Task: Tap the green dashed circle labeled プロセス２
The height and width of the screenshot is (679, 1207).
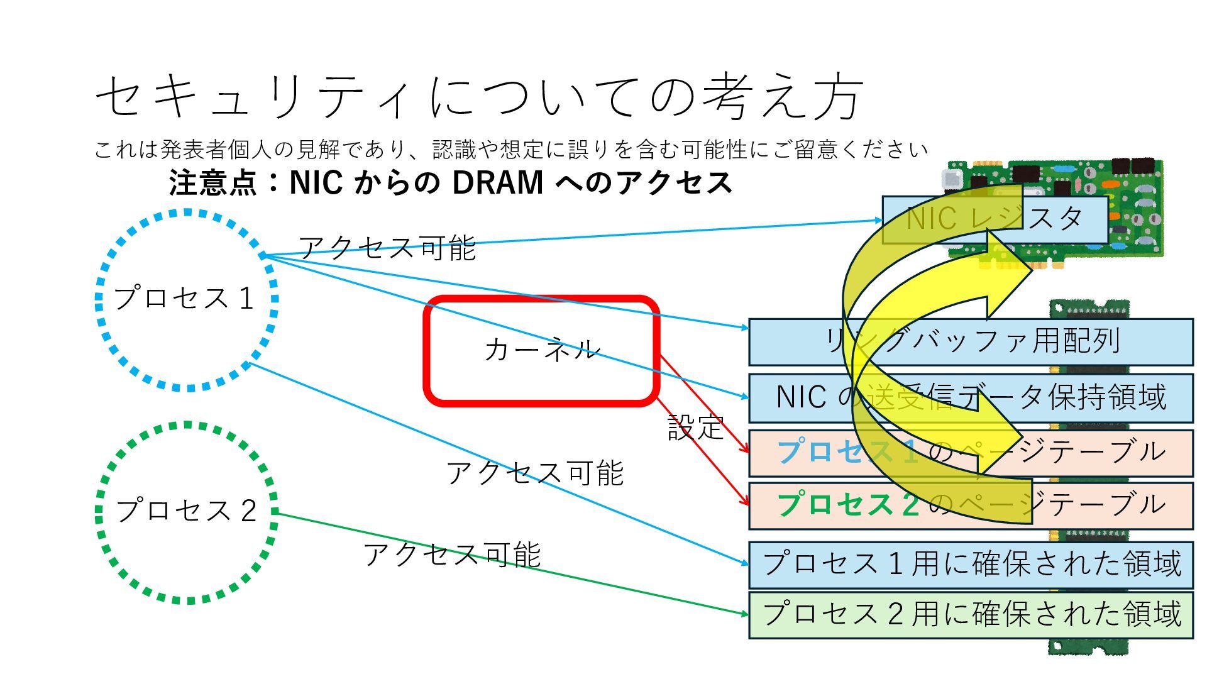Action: [186, 512]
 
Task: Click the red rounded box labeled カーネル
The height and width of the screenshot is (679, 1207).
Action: [541, 350]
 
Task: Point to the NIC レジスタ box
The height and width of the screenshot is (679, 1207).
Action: [994, 219]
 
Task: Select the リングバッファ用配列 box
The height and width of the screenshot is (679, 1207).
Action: [971, 342]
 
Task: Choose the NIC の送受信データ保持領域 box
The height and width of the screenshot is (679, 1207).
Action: [971, 398]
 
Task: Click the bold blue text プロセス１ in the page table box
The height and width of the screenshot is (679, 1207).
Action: [846, 452]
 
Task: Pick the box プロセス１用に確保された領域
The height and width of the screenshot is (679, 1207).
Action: [971, 564]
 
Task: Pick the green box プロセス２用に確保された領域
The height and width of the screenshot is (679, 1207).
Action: [971, 614]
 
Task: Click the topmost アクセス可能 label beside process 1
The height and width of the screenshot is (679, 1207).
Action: [387, 247]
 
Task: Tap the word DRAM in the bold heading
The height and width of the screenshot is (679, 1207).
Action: [497, 183]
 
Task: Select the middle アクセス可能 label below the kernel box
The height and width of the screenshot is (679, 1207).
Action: [534, 473]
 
